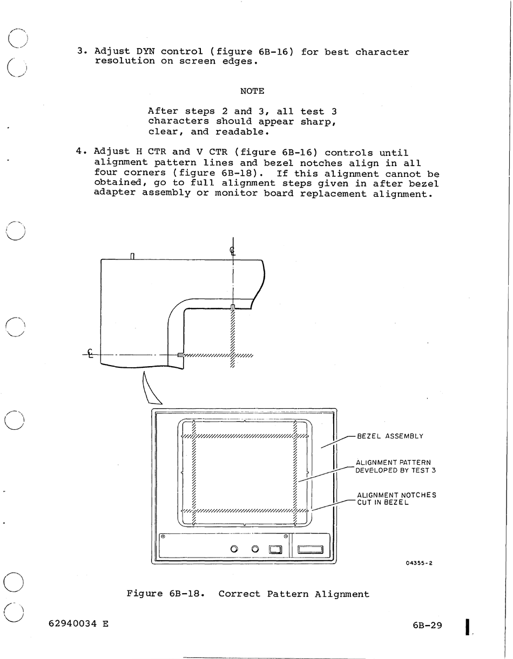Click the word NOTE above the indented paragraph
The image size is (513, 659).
tap(252, 91)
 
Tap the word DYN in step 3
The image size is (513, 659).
tap(145, 52)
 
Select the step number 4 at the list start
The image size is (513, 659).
tap(80, 152)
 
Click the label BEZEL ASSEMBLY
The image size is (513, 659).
tap(390, 436)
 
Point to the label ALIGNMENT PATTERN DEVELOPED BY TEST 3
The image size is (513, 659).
tap(395, 466)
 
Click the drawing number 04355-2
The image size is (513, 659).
tap(419, 563)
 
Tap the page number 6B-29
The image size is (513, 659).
tap(427, 625)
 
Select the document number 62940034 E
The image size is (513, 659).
tap(78, 623)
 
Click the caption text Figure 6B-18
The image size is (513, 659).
tap(166, 594)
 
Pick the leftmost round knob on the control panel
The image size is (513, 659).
tap(234, 549)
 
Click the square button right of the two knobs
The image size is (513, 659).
tap(275, 550)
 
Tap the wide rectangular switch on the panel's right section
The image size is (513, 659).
tap(310, 550)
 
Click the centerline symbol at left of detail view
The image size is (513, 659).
tap(90, 354)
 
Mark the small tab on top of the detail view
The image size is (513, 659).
tap(132, 256)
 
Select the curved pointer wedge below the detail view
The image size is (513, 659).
tap(149, 389)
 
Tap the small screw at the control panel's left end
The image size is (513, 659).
tap(163, 537)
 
